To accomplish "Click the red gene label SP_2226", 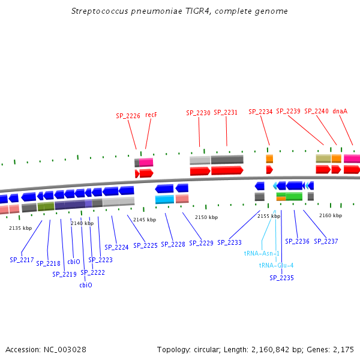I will coord(128,116).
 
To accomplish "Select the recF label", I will coord(151,115).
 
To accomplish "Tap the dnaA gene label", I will coord(340,111).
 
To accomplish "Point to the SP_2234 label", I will coord(260,112).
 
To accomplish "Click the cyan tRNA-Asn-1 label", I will coord(262,253).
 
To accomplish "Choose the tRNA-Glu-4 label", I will coord(276,265).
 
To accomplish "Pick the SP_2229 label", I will coord(201,243).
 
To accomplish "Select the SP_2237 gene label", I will coord(326,241).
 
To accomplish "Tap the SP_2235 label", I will coord(281,278).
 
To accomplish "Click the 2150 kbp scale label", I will coord(205,217).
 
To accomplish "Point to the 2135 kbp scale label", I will coord(20,228).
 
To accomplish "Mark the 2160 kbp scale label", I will coord(330,215).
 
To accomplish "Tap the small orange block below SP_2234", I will coord(269,159).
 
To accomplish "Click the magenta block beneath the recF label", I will coord(146,162).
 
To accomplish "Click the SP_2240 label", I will coord(316,111).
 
